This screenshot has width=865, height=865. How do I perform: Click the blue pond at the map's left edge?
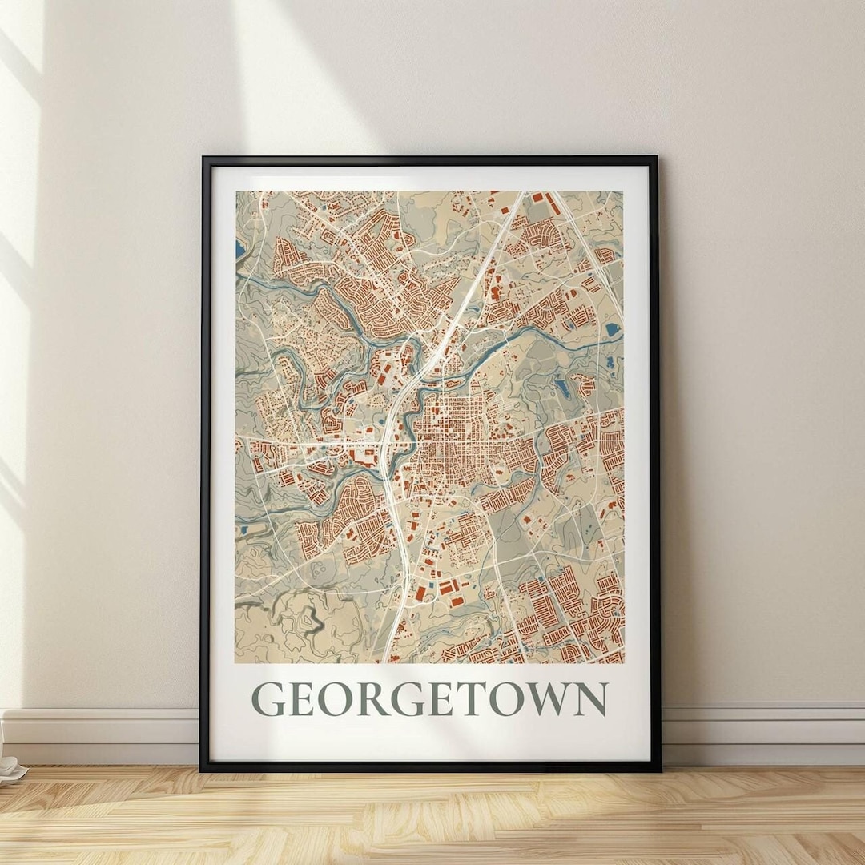pos(240,251)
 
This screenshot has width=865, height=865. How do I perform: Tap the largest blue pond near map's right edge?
pos(613,328)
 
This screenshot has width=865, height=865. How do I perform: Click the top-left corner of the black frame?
pos(203,159)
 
